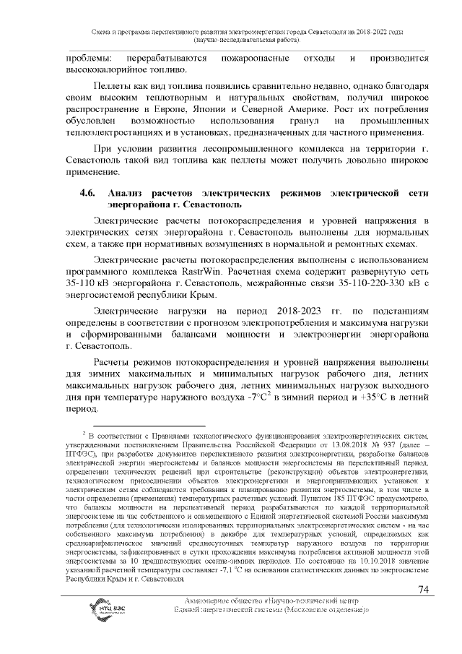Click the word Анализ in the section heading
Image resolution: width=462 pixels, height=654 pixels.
click(x=128, y=194)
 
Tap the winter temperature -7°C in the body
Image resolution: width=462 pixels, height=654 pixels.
click(x=258, y=397)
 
